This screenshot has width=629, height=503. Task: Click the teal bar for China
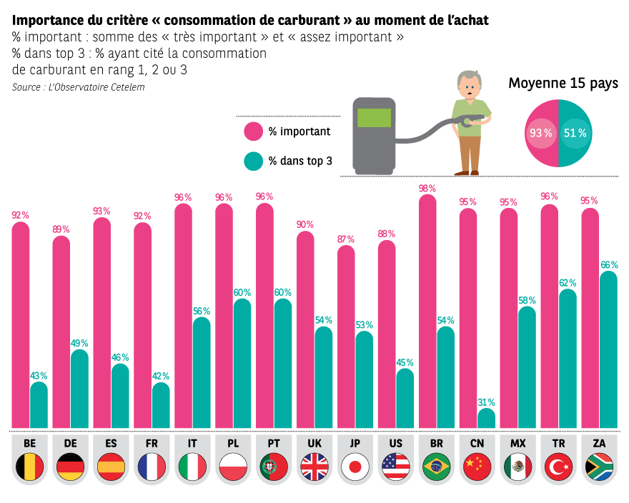pos(486,419)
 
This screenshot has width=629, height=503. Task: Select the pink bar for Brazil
pos(427,312)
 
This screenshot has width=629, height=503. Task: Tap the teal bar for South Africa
pos(608,350)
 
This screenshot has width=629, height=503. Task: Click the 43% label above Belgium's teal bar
pos(39,375)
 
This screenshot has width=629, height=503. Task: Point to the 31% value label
pos(486,402)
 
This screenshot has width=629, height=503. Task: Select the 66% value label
pos(609,265)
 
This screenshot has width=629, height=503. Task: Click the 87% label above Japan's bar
pos(346,239)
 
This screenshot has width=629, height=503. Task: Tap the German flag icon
pos(70,467)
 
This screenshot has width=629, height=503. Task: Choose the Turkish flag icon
pos(558,467)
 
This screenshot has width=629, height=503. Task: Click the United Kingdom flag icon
pos(314,467)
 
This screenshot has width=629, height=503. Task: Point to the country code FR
pos(152,443)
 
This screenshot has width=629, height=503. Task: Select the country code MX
pos(517,443)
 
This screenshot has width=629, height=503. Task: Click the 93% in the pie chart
pos(541,133)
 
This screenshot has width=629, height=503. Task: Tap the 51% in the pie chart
pos(575,133)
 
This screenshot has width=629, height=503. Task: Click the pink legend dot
pos(253,131)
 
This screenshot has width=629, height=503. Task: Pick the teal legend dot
pos(253,161)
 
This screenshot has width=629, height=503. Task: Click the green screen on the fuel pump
pos(374,118)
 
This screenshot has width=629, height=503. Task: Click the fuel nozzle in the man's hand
pos(467,121)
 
